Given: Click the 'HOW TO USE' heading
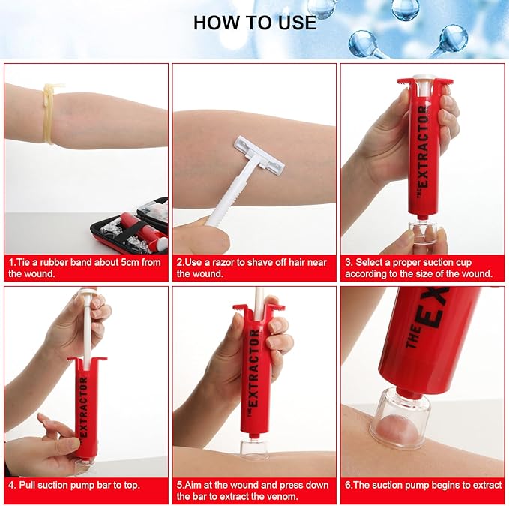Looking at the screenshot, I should point(254,22).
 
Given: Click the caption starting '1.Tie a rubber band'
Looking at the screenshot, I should point(86,268).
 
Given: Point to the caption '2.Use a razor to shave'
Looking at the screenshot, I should point(254,268).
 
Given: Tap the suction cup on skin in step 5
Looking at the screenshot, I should point(256,448).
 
